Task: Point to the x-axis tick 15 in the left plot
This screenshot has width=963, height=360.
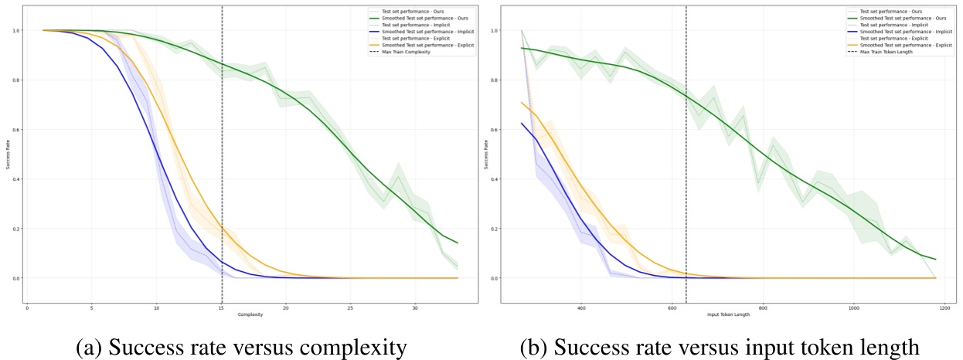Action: click(x=222, y=307)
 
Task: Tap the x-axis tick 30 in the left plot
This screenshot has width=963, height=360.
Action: click(x=415, y=307)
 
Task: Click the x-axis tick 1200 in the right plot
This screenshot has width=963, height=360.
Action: click(x=944, y=307)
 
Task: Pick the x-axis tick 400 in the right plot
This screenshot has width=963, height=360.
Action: click(x=581, y=307)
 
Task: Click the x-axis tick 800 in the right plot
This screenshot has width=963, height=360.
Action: click(x=763, y=307)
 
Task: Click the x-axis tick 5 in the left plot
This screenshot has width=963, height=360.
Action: click(x=92, y=307)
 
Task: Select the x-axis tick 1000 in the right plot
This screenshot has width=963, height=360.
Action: click(x=853, y=307)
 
